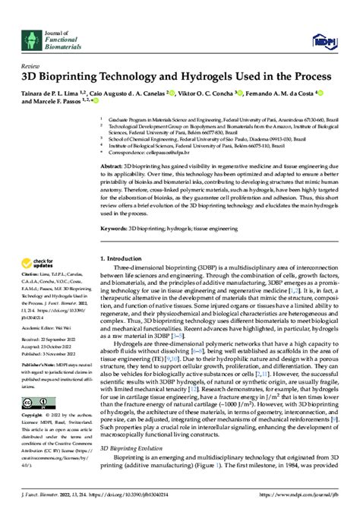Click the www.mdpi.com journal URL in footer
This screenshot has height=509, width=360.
(x=316, y=503)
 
